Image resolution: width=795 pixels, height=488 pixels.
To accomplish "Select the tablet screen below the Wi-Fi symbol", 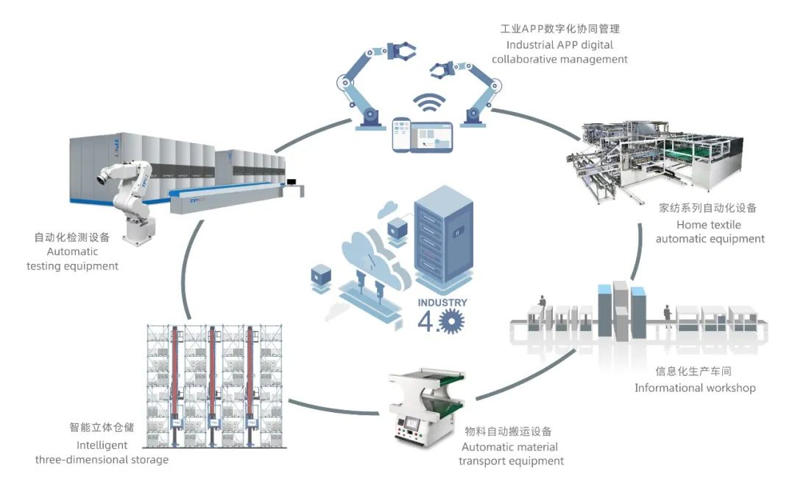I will click(x=432, y=136).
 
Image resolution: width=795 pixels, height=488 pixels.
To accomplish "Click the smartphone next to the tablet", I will click(x=400, y=135).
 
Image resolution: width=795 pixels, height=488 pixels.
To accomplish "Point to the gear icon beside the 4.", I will click(x=451, y=321).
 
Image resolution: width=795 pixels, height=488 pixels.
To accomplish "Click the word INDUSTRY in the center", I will click(x=442, y=302).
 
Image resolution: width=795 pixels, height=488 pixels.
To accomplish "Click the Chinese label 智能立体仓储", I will click(x=99, y=427).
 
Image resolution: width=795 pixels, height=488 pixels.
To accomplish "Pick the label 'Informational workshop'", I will click(x=694, y=388).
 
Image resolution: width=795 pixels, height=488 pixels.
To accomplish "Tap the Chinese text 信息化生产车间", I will click(x=694, y=372).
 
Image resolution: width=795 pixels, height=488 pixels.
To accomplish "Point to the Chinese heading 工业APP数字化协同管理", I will click(x=559, y=29).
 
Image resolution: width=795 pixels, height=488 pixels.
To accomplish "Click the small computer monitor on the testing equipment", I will click(x=292, y=182).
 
